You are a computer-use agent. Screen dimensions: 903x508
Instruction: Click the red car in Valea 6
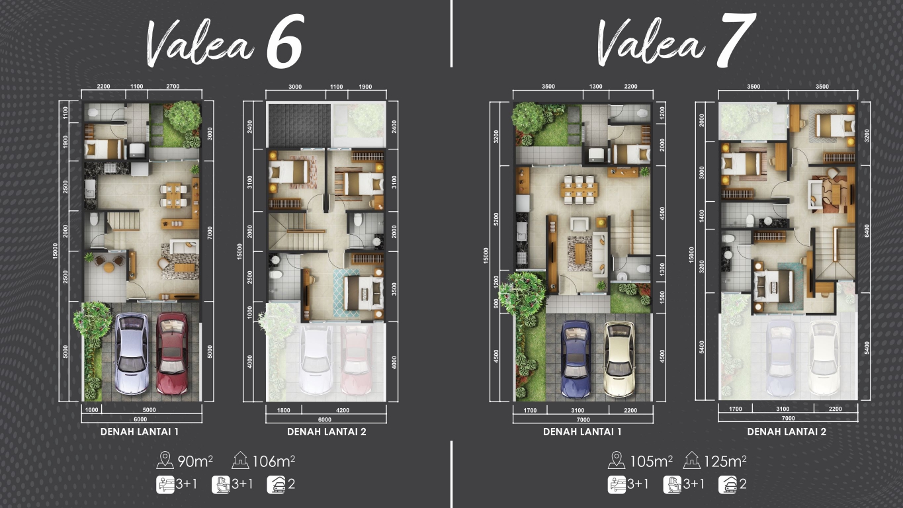click(x=172, y=354)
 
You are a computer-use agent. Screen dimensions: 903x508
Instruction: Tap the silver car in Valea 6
click(x=132, y=354)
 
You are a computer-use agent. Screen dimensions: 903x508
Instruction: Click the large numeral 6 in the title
click(x=284, y=41)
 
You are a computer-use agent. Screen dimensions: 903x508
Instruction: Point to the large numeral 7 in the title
click(x=736, y=40)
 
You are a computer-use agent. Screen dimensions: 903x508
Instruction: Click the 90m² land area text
click(x=195, y=461)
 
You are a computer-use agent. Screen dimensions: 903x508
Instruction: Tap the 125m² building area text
click(x=725, y=461)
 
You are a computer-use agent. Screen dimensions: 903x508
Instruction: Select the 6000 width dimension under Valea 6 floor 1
click(x=140, y=419)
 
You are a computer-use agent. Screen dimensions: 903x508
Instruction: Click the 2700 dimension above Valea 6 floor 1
click(x=173, y=86)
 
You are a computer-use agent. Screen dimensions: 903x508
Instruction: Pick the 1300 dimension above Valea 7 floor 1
click(x=596, y=86)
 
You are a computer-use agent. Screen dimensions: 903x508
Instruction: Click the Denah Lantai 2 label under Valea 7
click(x=787, y=432)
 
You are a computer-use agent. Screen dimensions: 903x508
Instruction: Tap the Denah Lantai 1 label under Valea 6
click(x=140, y=432)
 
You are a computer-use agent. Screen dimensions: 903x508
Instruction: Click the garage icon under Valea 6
click(x=276, y=484)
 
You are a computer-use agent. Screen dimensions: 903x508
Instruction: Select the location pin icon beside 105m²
click(x=616, y=460)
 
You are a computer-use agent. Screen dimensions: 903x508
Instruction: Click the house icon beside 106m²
click(x=240, y=460)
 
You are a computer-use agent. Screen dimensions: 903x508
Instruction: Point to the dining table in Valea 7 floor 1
click(x=579, y=189)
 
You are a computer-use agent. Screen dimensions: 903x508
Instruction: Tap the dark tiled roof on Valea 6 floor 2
click(x=300, y=125)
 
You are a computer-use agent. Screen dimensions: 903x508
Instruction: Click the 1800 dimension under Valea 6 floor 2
click(x=283, y=410)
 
